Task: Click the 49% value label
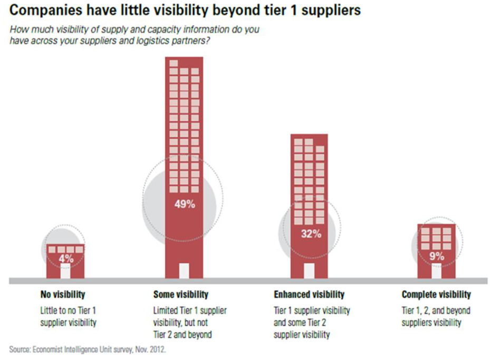coord(184,204)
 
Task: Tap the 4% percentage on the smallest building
coord(65,259)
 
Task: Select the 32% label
coord(311,234)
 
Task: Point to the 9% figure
coord(437,257)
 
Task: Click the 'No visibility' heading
coord(63,295)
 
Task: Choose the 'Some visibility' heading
coord(181,295)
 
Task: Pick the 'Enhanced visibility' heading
coord(309,295)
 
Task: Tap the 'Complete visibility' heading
coord(436,295)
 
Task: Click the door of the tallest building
coord(184,270)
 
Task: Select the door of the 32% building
coord(309,270)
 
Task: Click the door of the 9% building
coord(436,271)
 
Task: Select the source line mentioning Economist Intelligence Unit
coord(87,349)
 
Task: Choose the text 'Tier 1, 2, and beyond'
coord(436,310)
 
